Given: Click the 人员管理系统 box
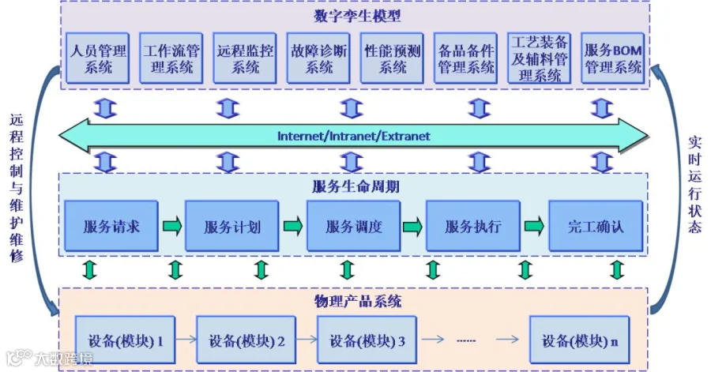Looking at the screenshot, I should point(99,58).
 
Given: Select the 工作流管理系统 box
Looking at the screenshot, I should point(172,58).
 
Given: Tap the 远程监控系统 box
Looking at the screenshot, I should point(246,58).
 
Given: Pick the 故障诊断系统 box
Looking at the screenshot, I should point(319,58).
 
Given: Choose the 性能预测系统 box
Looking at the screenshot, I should point(393,58).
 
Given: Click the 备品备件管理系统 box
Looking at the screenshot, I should point(466,58).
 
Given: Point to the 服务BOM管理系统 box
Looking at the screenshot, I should point(613,58).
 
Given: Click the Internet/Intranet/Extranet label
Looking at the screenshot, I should point(354,136).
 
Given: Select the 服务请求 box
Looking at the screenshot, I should point(111,227).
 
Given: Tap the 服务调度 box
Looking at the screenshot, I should point(354,227).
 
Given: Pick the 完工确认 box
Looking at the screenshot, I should point(596,227).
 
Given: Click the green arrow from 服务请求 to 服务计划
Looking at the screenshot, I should point(171,227).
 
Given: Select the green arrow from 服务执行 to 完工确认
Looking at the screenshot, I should point(535,227).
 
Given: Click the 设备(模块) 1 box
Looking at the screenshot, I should point(125,340).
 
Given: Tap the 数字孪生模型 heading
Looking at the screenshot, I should point(354,15).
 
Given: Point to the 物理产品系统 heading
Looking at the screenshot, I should point(354,301).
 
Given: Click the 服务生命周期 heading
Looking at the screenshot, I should point(354,187).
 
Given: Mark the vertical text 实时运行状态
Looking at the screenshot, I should point(694,183).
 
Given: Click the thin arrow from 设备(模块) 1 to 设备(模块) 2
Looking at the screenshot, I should point(185,340).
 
